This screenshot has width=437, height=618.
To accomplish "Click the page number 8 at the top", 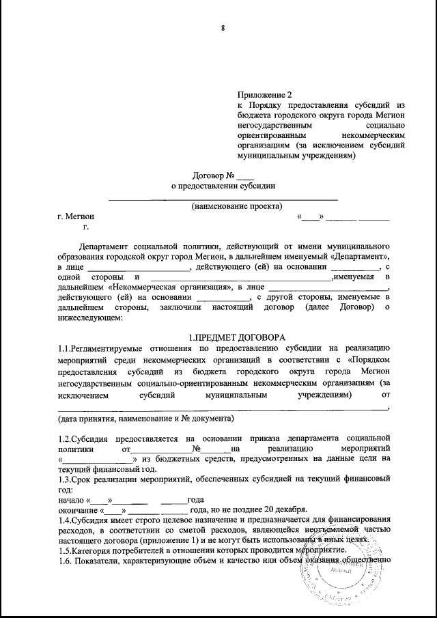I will [222, 28].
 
